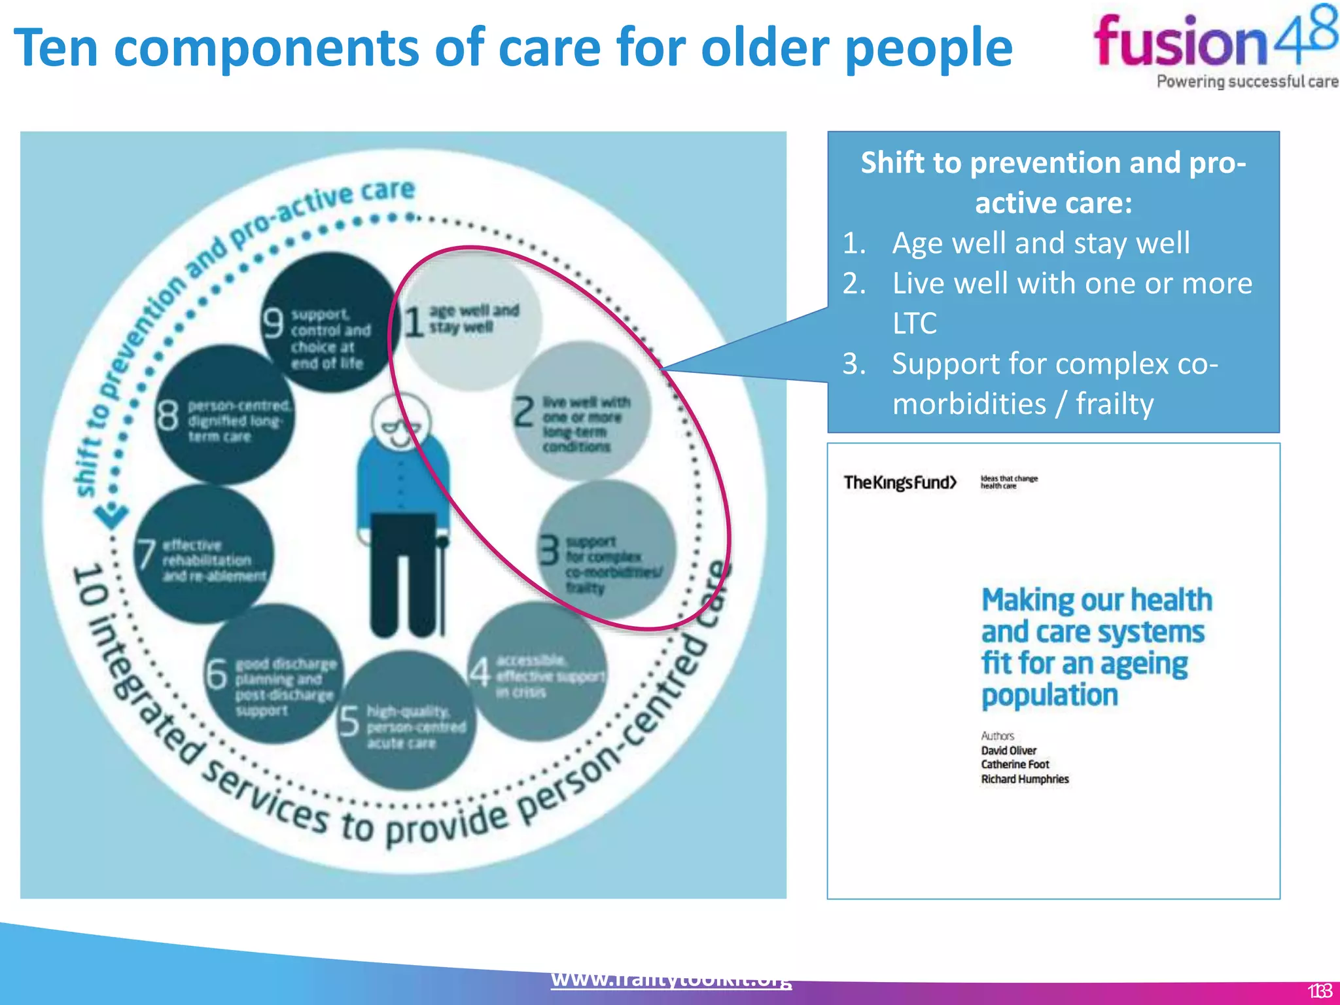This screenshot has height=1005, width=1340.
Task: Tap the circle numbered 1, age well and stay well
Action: point(471,321)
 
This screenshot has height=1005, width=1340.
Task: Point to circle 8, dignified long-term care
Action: point(225,416)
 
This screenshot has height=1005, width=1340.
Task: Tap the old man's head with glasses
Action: point(401,423)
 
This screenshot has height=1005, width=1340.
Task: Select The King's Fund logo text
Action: point(900,483)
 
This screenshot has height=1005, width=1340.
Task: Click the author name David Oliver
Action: point(1008,750)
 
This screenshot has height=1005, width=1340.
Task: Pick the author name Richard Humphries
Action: point(1025,779)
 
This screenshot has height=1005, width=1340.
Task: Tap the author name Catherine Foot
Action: point(1015,764)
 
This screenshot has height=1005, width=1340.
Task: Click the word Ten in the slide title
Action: point(56,48)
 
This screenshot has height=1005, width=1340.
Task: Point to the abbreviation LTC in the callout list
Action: point(915,323)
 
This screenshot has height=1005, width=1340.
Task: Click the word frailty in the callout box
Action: point(1114,404)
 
